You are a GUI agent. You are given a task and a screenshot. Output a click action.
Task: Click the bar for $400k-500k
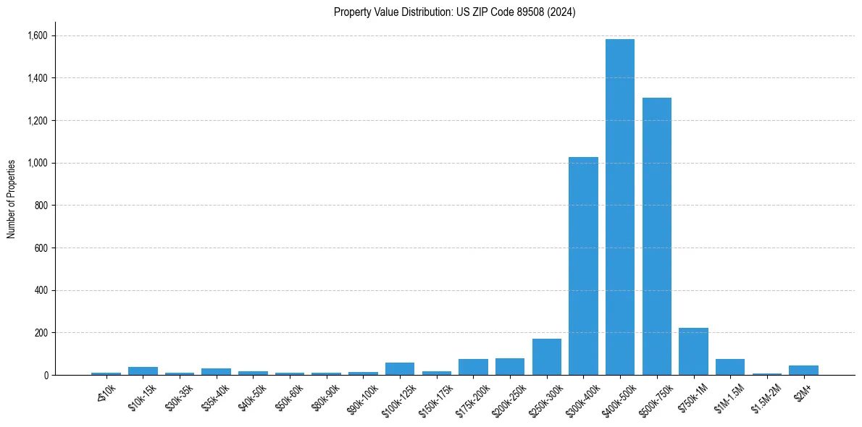point(620,207)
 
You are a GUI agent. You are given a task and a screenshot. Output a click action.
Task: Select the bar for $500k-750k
point(656,236)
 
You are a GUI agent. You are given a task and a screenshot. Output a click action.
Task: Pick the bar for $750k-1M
point(693,351)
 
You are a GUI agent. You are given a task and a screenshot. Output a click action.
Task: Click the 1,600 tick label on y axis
point(37,35)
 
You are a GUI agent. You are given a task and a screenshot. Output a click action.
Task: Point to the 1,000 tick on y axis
point(37,163)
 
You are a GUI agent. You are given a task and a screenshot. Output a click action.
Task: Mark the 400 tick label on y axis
point(41,290)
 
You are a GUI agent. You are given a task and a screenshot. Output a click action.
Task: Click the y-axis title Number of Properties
point(11,198)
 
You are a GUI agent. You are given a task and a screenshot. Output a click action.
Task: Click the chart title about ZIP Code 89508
point(454,12)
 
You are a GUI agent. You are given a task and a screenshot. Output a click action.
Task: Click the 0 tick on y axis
point(45,375)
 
